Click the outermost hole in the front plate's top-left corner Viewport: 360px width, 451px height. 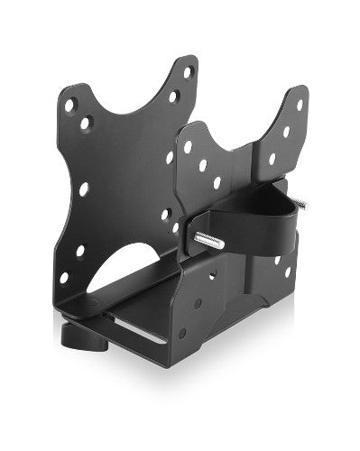click(69, 106)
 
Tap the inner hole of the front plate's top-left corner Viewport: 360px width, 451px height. click(86, 122)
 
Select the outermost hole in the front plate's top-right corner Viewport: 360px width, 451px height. click(188, 72)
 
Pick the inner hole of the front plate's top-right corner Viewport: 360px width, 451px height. click(173, 97)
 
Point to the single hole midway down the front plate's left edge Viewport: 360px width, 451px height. click(84, 189)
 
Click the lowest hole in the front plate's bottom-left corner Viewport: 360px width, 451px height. click(63, 278)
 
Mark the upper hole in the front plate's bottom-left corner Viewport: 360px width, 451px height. click(79, 251)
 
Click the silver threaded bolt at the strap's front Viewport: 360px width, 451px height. click(208, 239)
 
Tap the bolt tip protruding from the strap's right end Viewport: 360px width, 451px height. click(300, 205)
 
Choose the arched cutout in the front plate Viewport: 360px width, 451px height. click(126, 262)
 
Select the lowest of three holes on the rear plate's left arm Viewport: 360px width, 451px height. click(217, 182)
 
